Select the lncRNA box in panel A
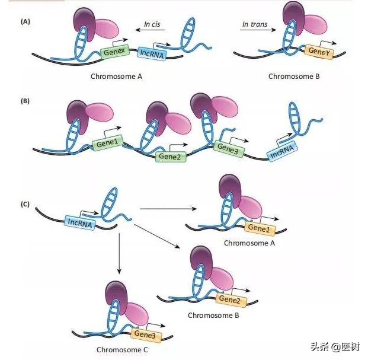(x=153, y=53)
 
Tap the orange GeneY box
(x=319, y=51)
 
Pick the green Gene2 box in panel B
(x=170, y=156)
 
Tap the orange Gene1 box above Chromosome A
(x=258, y=228)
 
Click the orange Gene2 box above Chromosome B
(x=229, y=299)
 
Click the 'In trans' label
(x=255, y=25)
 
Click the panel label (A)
(x=25, y=21)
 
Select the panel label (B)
(x=25, y=101)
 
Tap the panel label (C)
(x=25, y=204)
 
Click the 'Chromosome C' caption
(x=123, y=349)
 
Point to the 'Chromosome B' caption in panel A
(x=294, y=76)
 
